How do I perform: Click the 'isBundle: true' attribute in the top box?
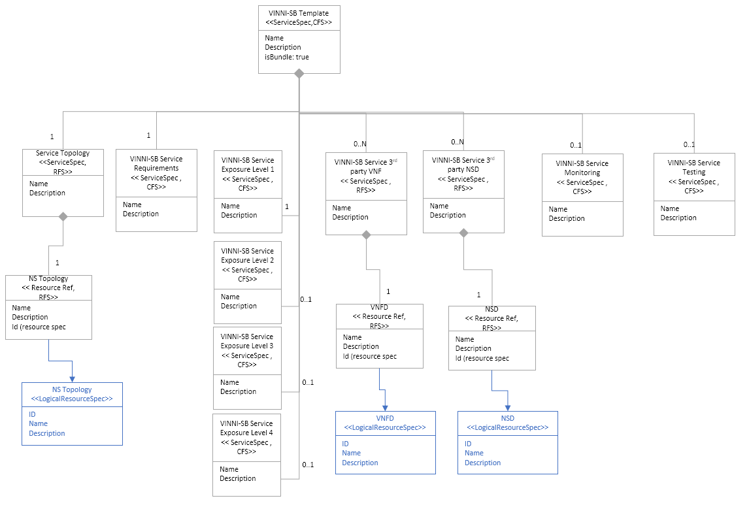287,57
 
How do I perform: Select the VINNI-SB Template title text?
299,13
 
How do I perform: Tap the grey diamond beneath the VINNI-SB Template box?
299,74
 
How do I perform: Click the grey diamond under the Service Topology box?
63,217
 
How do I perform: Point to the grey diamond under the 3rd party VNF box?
366,235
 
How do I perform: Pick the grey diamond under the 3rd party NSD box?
463,233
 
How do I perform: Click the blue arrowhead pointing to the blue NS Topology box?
72,378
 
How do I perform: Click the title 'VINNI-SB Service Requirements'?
156,163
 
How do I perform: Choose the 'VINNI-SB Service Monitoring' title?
582,168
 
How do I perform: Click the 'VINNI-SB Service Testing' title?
693,167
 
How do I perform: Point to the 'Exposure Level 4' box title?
246,428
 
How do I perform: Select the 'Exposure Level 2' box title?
247,255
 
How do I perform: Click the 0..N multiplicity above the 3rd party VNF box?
360,143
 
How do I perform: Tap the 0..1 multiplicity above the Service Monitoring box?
575,145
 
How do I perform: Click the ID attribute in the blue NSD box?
468,444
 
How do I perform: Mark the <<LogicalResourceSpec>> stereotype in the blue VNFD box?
385,427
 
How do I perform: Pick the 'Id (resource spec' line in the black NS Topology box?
39,327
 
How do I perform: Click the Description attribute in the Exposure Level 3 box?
238,391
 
